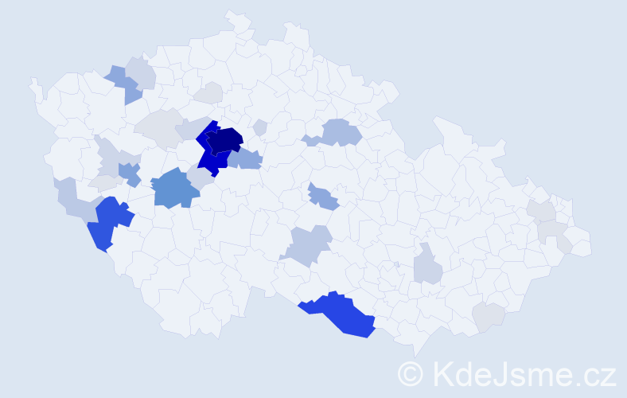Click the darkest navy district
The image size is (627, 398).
coord(226,141)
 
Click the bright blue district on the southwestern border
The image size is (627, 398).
coord(108,222)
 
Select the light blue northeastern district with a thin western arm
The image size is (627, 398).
coord(339,132)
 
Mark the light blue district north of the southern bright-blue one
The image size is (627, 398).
coord(310,245)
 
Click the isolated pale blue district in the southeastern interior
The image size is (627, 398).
coord(428,265)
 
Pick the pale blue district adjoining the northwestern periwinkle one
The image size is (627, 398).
coord(142,72)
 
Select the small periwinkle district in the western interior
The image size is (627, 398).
coord(130,173)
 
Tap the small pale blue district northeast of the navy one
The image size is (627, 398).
coord(259,127)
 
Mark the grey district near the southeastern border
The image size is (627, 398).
coord(488,317)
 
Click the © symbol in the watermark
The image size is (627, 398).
coord(411,373)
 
